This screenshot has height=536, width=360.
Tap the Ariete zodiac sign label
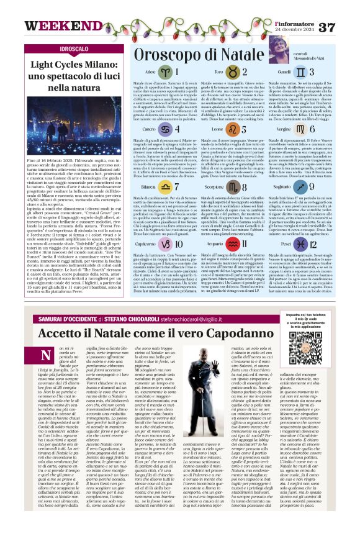click(149, 72)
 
